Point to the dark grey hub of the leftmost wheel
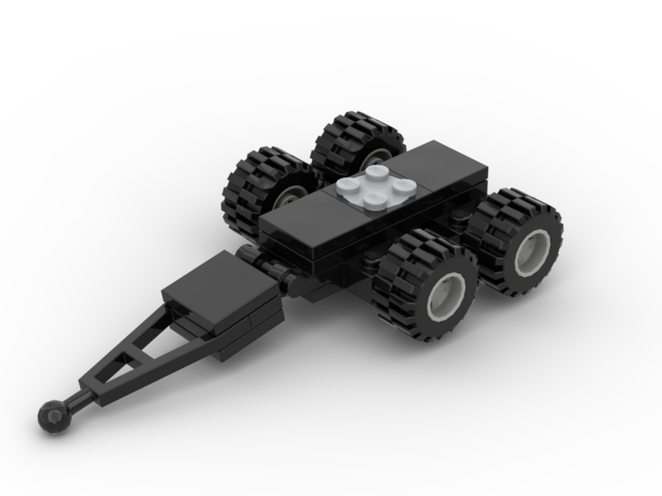pos(291,194)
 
